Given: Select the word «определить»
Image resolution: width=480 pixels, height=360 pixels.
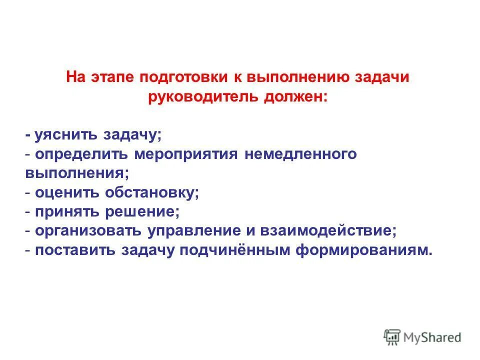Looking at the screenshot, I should coord(82,154).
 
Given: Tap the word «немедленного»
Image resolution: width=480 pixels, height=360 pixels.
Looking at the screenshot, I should coord(300,154).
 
